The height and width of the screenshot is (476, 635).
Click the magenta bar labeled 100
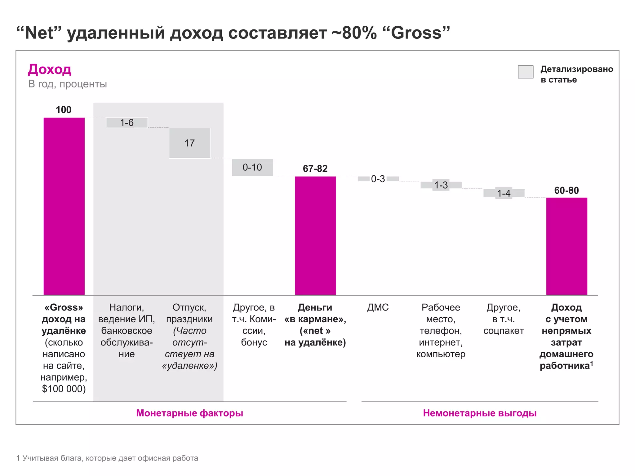pyautogui.click(x=64, y=206)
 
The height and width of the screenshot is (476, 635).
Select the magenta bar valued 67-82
pyautogui.click(x=315, y=236)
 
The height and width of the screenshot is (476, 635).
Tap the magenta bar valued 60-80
pyautogui.click(x=567, y=246)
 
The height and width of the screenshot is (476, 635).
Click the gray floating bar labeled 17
pyautogui.click(x=190, y=143)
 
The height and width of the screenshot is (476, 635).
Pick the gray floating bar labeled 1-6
pyautogui.click(x=127, y=122)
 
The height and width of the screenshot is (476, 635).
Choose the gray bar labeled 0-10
pyautogui.click(x=253, y=167)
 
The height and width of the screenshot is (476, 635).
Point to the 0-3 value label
pyautogui.click(x=378, y=179)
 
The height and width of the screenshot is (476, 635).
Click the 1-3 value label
pyautogui.click(x=441, y=185)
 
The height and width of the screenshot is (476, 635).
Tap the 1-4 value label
pyautogui.click(x=504, y=193)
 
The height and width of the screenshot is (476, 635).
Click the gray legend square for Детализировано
pyautogui.click(x=526, y=72)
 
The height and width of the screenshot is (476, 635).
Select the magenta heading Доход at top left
pyautogui.click(x=50, y=69)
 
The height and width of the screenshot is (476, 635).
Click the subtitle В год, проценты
pyautogui.click(x=68, y=84)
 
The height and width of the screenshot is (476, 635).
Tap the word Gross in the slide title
pyautogui.click(x=416, y=33)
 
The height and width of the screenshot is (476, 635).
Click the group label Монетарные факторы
pyautogui.click(x=190, y=413)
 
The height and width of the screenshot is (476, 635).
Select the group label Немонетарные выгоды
pyautogui.click(x=480, y=413)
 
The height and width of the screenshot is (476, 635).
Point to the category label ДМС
pyautogui.click(x=378, y=307)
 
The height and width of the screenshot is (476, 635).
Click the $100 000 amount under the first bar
pyautogui.click(x=64, y=389)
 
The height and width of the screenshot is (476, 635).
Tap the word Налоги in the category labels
pyautogui.click(x=127, y=307)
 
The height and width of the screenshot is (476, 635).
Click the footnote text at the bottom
pyautogui.click(x=107, y=458)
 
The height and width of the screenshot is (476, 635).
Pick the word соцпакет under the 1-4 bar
pyautogui.click(x=504, y=331)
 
